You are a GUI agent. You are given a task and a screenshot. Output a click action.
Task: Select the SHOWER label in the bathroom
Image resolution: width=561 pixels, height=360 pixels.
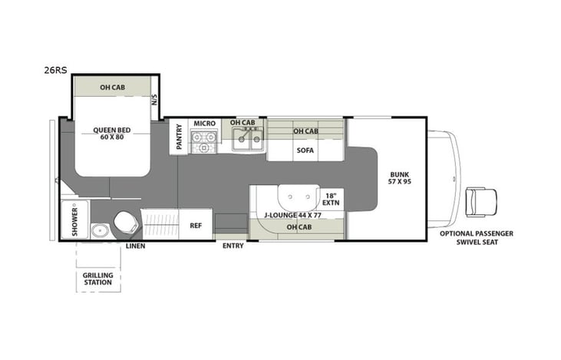(x=67, y=221)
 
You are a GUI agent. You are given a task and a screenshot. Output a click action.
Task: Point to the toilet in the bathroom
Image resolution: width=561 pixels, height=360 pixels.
(x=126, y=223)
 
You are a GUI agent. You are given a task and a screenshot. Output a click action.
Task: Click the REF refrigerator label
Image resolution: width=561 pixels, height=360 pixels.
(x=196, y=226)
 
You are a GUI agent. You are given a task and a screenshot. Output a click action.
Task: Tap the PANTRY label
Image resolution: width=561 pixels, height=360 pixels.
(x=178, y=137)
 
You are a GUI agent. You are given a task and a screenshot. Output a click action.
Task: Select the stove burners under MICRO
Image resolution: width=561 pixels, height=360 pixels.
(x=204, y=142)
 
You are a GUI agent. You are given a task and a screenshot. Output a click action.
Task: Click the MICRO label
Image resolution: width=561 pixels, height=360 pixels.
(x=204, y=123)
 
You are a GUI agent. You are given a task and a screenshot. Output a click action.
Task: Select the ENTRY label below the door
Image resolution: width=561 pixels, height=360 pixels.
(x=234, y=246)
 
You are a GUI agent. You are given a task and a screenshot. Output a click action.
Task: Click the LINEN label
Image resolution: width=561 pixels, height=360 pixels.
(x=136, y=246)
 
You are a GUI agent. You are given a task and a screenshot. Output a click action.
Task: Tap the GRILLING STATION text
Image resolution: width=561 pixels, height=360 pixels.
(x=98, y=278)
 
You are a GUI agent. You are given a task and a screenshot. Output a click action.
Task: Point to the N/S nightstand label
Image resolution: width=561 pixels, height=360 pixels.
(x=154, y=99)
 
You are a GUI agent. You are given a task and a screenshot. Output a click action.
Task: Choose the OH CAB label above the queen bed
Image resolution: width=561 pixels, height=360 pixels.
(x=112, y=88)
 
